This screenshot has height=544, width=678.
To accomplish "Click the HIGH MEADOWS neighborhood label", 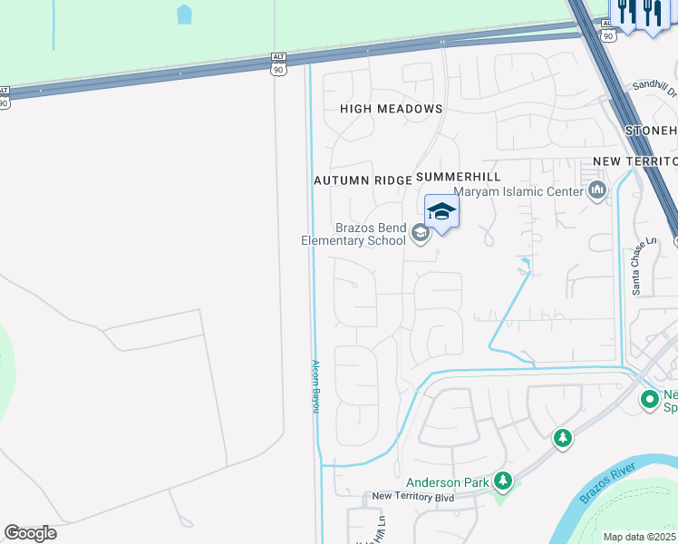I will click(x=391, y=109).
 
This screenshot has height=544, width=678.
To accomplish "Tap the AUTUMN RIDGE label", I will click(x=363, y=180).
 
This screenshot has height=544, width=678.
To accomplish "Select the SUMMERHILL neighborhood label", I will click(x=458, y=176).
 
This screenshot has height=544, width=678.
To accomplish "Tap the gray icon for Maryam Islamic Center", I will click(x=596, y=190).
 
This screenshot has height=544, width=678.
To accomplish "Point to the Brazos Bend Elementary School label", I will click(x=354, y=234).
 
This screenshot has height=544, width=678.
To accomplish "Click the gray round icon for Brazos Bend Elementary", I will click(x=420, y=234).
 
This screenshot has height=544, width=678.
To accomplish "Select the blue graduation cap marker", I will click(x=441, y=212).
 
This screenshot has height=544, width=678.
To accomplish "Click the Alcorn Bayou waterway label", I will click(x=316, y=386).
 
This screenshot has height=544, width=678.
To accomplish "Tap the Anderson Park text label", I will click(x=447, y=482).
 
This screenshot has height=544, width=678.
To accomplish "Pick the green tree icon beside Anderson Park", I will click(x=501, y=481).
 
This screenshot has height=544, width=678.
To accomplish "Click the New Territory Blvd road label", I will click(x=412, y=496).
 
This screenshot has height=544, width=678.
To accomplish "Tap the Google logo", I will click(x=30, y=533).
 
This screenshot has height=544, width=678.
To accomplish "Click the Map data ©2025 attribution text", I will click(x=640, y=537).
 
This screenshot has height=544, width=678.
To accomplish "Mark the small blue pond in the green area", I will click(x=185, y=14).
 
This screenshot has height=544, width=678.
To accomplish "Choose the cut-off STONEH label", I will click(x=652, y=131).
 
